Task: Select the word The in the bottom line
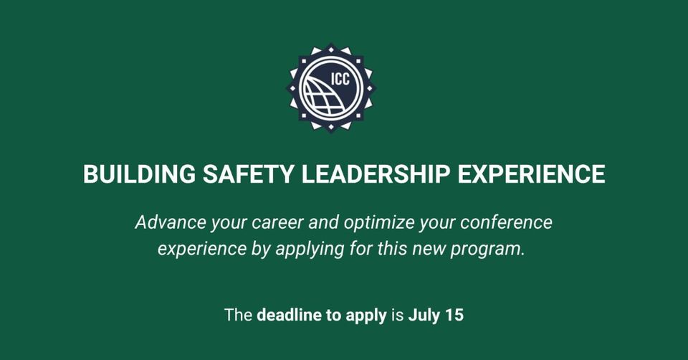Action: [x=238, y=315]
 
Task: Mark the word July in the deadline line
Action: [x=424, y=315]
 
